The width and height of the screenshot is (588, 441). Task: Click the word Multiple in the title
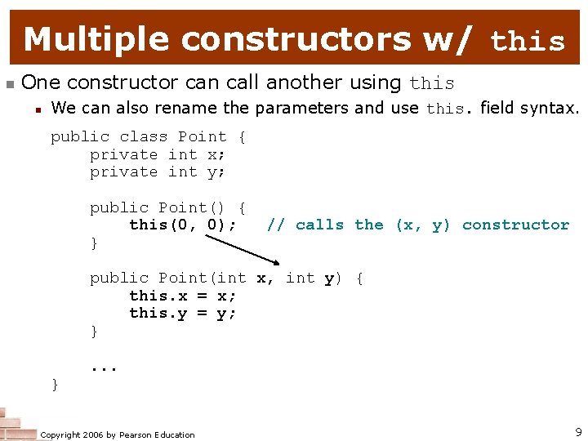point(97,38)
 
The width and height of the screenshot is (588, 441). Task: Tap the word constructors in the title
point(297,38)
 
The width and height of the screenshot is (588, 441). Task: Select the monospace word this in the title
point(528,41)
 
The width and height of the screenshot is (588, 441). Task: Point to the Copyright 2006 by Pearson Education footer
point(118,434)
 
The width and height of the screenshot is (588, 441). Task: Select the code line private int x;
point(158,154)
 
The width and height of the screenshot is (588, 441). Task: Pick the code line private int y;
point(158,171)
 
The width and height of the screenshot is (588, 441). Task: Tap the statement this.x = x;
point(183,296)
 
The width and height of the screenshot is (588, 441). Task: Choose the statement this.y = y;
point(183,313)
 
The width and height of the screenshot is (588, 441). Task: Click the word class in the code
point(144,136)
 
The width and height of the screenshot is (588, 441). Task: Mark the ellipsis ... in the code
point(105,367)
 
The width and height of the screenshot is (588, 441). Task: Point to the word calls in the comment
point(319,225)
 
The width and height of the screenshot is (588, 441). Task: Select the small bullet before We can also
point(38,109)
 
